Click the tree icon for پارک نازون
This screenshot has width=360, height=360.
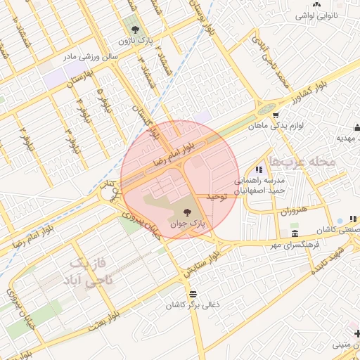(x=135, y=30)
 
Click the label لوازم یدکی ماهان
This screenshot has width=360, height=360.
(x=276, y=127)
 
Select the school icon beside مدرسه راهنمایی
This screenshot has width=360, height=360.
(x=259, y=169)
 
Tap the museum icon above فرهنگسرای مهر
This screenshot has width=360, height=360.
(x=295, y=234)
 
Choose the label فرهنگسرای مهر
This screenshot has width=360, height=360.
(x=296, y=246)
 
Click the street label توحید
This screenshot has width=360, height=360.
(x=219, y=198)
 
